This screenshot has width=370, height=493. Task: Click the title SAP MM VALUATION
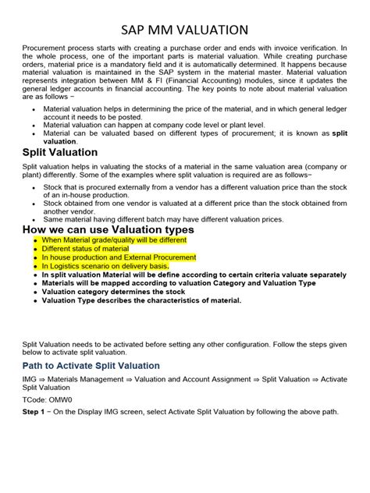tap(185, 30)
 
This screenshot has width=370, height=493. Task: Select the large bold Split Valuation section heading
tap(60, 152)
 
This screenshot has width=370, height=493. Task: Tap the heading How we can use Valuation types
tap(109, 229)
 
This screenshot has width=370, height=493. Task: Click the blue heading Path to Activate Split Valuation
tap(91, 365)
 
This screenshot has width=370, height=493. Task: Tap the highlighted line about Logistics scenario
tap(105, 266)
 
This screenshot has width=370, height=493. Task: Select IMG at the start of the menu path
tap(30, 379)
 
